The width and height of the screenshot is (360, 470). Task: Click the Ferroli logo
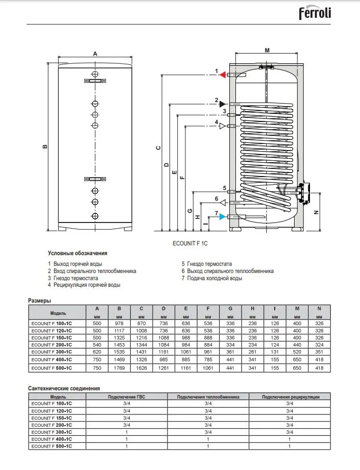315,13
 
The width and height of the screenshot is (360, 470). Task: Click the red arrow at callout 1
223,75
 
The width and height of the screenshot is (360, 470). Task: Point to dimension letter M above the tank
267,50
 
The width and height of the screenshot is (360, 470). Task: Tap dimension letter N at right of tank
317,212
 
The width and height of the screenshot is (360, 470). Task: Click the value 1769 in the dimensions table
119,367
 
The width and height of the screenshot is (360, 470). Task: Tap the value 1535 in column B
119,352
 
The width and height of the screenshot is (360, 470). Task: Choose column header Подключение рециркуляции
290,396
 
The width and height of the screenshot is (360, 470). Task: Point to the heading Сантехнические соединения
63,388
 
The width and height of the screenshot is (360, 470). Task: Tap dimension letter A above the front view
95,53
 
